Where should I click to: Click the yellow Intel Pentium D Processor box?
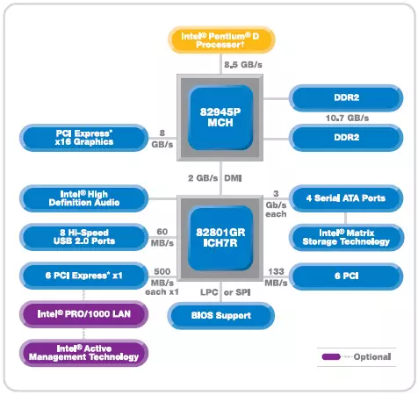coord(221,40)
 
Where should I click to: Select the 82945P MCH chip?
coord(220,118)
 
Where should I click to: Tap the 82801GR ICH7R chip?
coord(220,238)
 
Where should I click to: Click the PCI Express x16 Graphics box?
coord(84,138)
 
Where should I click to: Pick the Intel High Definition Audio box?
coord(84,198)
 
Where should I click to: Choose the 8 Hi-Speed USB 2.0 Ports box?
coord(84,237)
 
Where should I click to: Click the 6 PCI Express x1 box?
coord(84,276)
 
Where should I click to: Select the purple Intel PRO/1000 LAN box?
coord(84,314)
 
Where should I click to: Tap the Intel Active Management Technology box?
coord(84,353)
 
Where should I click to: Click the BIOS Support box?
coord(221,316)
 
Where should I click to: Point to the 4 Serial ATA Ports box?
coord(346,198)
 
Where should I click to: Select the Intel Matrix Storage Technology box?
coord(346,237)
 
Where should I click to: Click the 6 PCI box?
coord(346,276)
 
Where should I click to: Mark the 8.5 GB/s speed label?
coord(243,65)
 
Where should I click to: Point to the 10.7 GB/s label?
coord(347,118)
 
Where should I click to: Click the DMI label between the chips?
coord(233,178)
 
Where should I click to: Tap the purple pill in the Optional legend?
coord(331,356)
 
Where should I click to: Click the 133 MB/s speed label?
coord(276,277)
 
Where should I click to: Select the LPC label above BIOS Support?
coord(209,292)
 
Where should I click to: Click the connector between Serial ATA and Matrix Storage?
coord(346,219)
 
